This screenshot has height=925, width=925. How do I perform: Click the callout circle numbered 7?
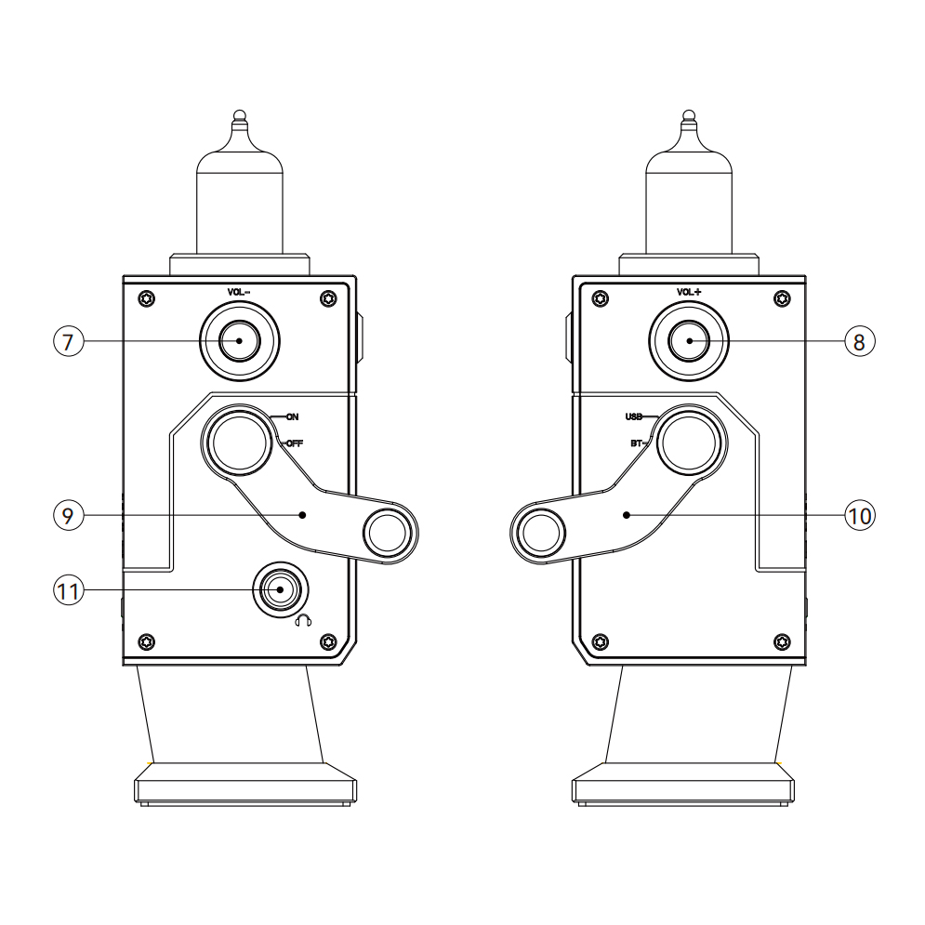pos(69,341)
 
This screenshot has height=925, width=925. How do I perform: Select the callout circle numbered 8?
pos(860,341)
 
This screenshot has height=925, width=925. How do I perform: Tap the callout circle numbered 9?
pos(69,516)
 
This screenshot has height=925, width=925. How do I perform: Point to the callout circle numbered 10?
pos(860,516)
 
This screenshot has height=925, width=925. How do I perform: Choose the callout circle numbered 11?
pos(69,590)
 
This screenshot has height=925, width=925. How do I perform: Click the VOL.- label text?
pos(238,292)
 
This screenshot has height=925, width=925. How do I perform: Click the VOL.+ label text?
pos(689,292)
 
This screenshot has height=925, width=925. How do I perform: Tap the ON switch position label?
pos(293,417)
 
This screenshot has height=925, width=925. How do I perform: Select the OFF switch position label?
pos(295,443)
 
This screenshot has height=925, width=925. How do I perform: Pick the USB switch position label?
pos(634,417)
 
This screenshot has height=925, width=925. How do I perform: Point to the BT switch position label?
pos(637,443)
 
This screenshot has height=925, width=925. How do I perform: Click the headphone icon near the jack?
pos(303,620)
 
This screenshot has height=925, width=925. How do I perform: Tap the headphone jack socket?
pos(281,590)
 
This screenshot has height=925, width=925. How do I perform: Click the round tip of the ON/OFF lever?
pos(388,533)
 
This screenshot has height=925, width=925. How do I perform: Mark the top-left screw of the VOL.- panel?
pos(147,298)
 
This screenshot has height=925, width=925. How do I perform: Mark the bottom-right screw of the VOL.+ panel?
pos(782,641)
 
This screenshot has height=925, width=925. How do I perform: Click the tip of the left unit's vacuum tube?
pos(239,114)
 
